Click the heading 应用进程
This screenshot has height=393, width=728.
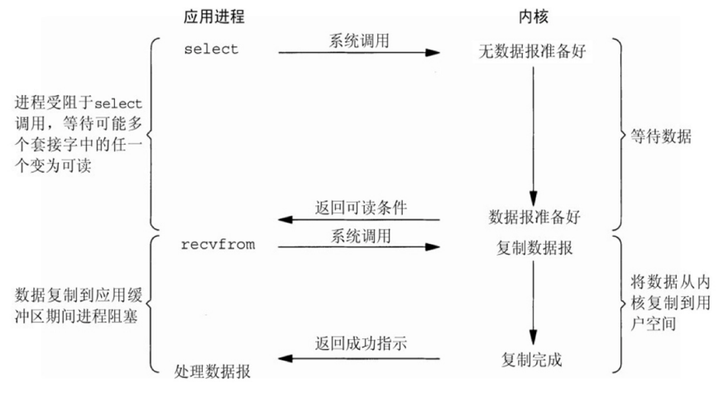click(x=214, y=16)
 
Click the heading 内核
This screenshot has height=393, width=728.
click(x=531, y=16)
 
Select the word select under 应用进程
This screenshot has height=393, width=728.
click(x=211, y=49)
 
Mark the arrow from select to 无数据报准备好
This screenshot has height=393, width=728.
click(x=357, y=53)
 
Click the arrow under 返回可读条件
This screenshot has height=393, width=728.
click(x=357, y=220)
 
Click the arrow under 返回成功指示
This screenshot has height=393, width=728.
click(x=357, y=357)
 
